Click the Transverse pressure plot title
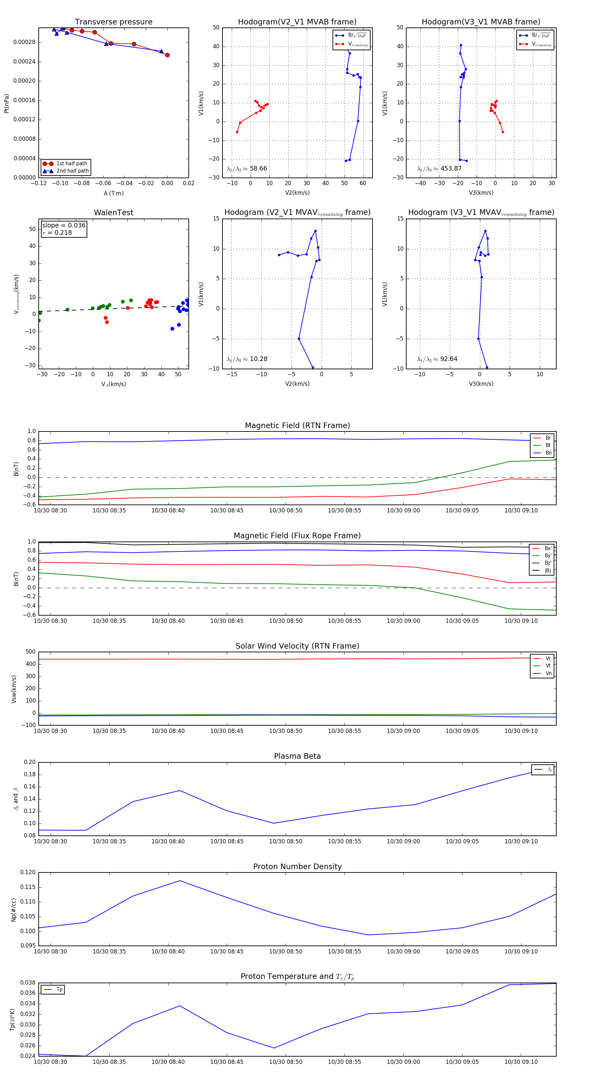click(113, 22)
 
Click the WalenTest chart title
click(113, 213)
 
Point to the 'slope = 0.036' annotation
click(63, 225)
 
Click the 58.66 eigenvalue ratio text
click(258, 169)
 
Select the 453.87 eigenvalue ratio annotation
click(451, 169)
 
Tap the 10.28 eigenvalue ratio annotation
click(258, 359)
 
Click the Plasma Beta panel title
click(297, 756)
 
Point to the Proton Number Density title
click(297, 867)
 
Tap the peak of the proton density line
click(179, 880)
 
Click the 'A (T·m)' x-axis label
click(113, 193)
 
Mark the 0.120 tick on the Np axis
click(28, 872)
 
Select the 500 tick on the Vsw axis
click(30, 652)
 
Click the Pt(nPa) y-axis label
click(6, 103)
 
